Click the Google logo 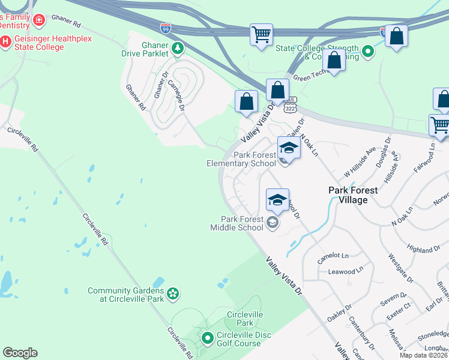tap(20, 353)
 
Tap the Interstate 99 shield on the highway tap(166, 28)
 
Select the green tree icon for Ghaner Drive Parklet tap(177, 48)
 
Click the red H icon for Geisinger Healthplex tap(6, 41)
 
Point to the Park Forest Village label tap(353, 195)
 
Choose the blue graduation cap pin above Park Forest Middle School tap(277, 200)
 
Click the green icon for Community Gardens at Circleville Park tap(173, 293)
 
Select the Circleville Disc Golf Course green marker tap(207, 339)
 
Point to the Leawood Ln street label tap(346, 271)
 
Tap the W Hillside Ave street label tap(360, 162)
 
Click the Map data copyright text tap(424, 355)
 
